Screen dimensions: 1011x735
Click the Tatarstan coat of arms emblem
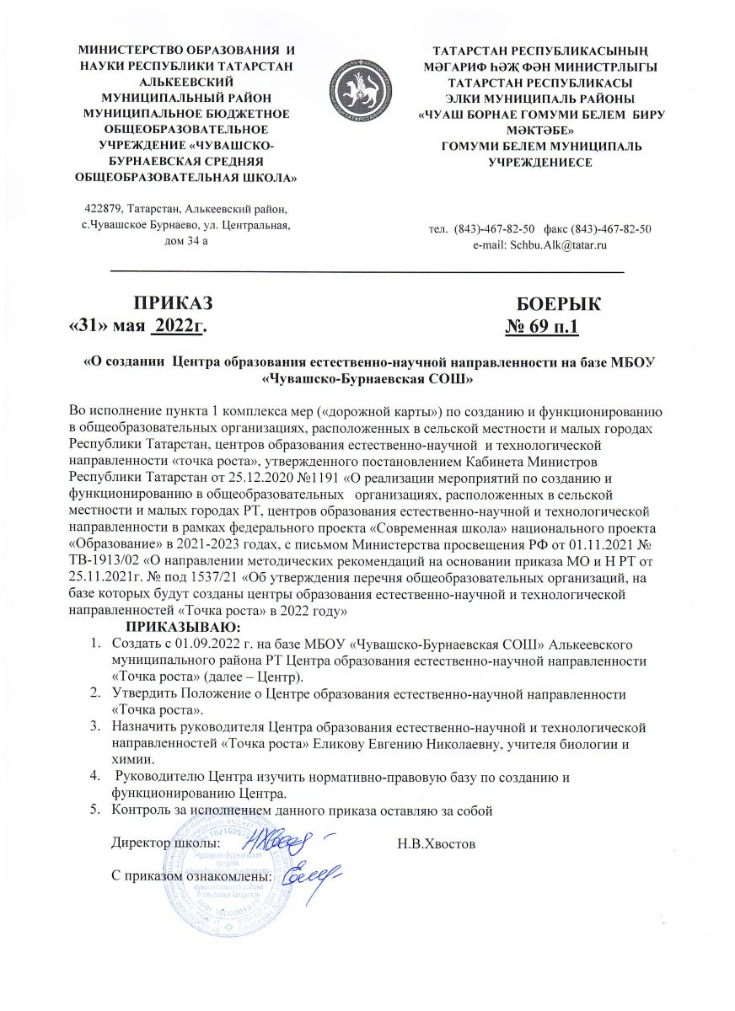tap(366, 88)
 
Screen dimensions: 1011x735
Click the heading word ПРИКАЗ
tap(173, 304)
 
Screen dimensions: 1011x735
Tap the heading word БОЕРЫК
tap(558, 304)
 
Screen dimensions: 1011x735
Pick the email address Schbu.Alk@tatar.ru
tap(539, 244)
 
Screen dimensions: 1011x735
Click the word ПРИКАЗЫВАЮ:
tap(183, 628)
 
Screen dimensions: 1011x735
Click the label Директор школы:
tap(166, 842)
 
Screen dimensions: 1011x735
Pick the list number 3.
tap(94, 726)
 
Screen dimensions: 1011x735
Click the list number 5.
tap(94, 810)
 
